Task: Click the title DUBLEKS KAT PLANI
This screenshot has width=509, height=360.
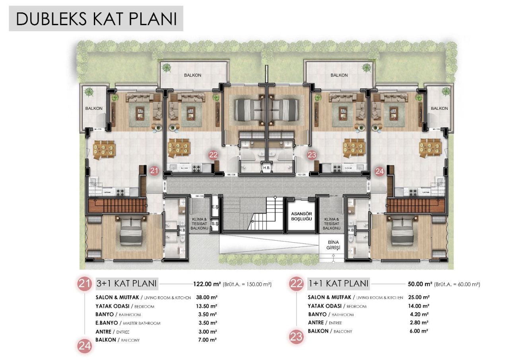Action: [96, 19]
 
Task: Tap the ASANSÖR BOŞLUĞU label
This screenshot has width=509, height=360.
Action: [300, 216]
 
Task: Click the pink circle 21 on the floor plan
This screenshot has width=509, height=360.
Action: [154, 171]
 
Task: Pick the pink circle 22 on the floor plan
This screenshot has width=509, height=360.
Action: [213, 155]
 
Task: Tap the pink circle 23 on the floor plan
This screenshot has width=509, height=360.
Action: [311, 155]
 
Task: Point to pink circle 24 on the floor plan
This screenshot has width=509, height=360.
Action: [379, 171]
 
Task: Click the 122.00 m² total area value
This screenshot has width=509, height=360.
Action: [206, 284]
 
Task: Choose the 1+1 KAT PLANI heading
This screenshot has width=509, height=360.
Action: [338, 284]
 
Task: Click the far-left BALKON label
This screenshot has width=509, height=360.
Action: [94, 108]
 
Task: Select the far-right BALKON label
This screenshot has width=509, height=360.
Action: [439, 108]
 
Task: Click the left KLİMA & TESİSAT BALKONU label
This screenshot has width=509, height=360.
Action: [199, 224]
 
